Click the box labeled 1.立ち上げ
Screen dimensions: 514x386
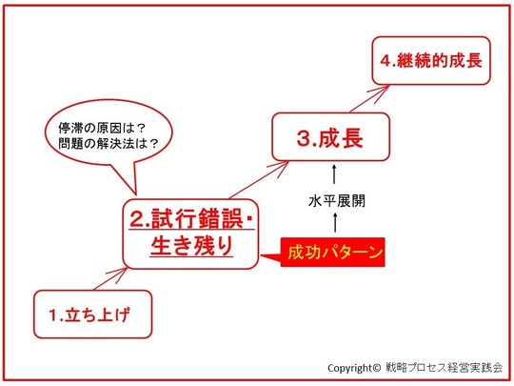point(92,315)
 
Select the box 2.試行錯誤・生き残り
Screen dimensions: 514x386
point(190,234)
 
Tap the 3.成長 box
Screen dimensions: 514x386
point(330,136)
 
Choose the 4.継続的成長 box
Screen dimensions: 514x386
point(431,61)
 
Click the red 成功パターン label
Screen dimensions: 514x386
point(332,252)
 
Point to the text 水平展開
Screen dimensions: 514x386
point(337,200)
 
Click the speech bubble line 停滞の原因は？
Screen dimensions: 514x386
point(102,128)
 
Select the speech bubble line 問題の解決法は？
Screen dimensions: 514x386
point(109,143)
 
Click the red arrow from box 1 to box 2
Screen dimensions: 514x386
point(110,279)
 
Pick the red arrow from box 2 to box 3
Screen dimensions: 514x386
point(259,179)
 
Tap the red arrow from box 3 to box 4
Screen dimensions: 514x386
point(369,98)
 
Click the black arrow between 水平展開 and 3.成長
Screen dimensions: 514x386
point(334,174)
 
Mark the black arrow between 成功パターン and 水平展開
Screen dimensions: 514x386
point(335,222)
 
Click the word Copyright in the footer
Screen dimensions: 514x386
point(350,368)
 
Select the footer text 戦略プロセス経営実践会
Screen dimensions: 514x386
point(445,367)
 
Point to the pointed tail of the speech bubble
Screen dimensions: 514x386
point(135,194)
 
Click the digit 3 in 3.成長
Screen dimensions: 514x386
point(304,138)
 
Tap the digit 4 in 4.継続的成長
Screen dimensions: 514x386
point(385,61)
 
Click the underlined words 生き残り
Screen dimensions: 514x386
point(191,246)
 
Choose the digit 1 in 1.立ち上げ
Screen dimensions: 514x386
point(52,315)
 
